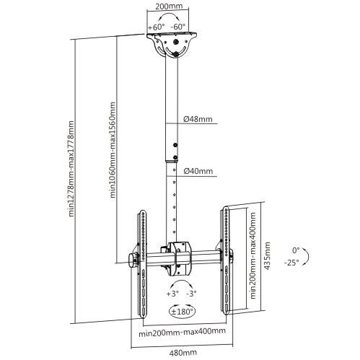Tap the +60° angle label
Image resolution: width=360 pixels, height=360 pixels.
pyautogui.click(x=157, y=27)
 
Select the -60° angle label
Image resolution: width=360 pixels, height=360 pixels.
pyautogui.click(x=177, y=27)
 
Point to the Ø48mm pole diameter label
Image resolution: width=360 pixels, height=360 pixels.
pyautogui.click(x=198, y=118)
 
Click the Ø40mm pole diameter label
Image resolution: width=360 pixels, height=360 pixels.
pyautogui.click(x=198, y=171)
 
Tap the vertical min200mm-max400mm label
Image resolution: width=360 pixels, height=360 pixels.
pyautogui.click(x=253, y=255)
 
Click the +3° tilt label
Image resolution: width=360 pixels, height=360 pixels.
pyautogui.click(x=172, y=294)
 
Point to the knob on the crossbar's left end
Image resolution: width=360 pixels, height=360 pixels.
pyautogui.click(x=132, y=259)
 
